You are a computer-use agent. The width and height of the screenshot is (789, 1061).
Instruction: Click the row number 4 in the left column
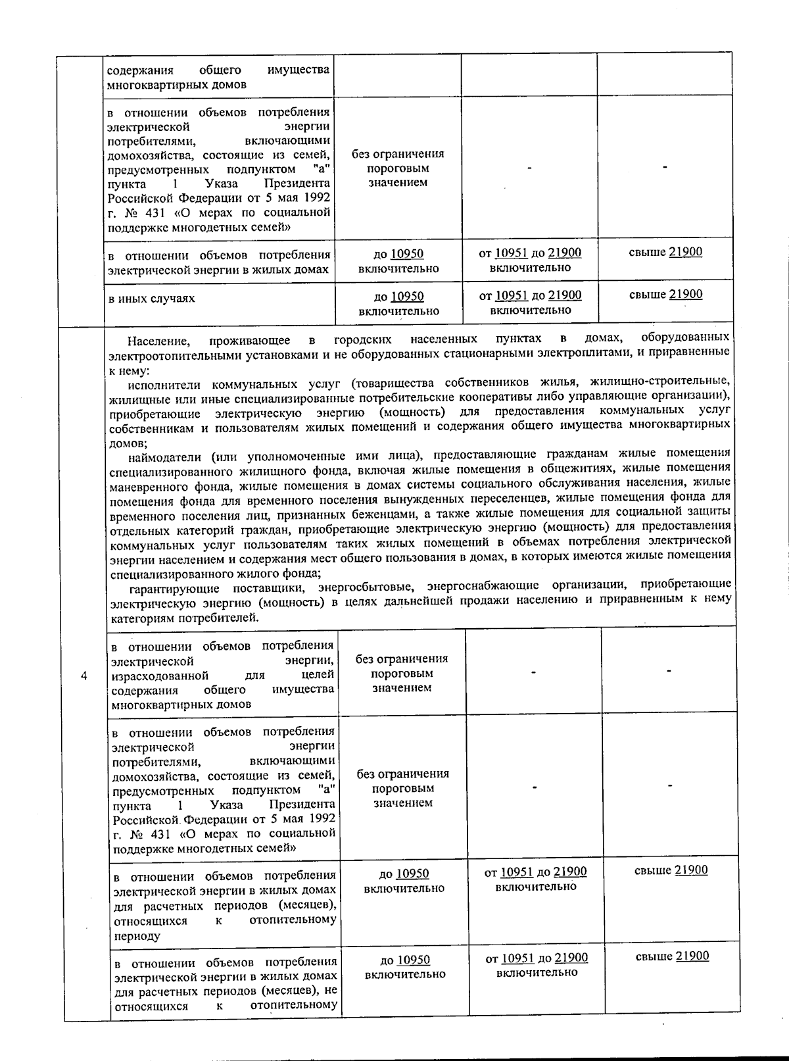click(84, 676)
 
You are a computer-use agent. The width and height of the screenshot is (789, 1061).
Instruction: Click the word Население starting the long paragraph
click(159, 340)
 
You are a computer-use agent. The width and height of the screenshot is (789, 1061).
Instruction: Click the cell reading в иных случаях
click(152, 299)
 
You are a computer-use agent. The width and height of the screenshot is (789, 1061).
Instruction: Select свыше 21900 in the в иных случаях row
click(665, 295)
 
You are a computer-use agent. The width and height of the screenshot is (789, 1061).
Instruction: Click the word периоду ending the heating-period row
click(136, 935)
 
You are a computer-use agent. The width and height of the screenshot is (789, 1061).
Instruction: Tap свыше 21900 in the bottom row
click(672, 956)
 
